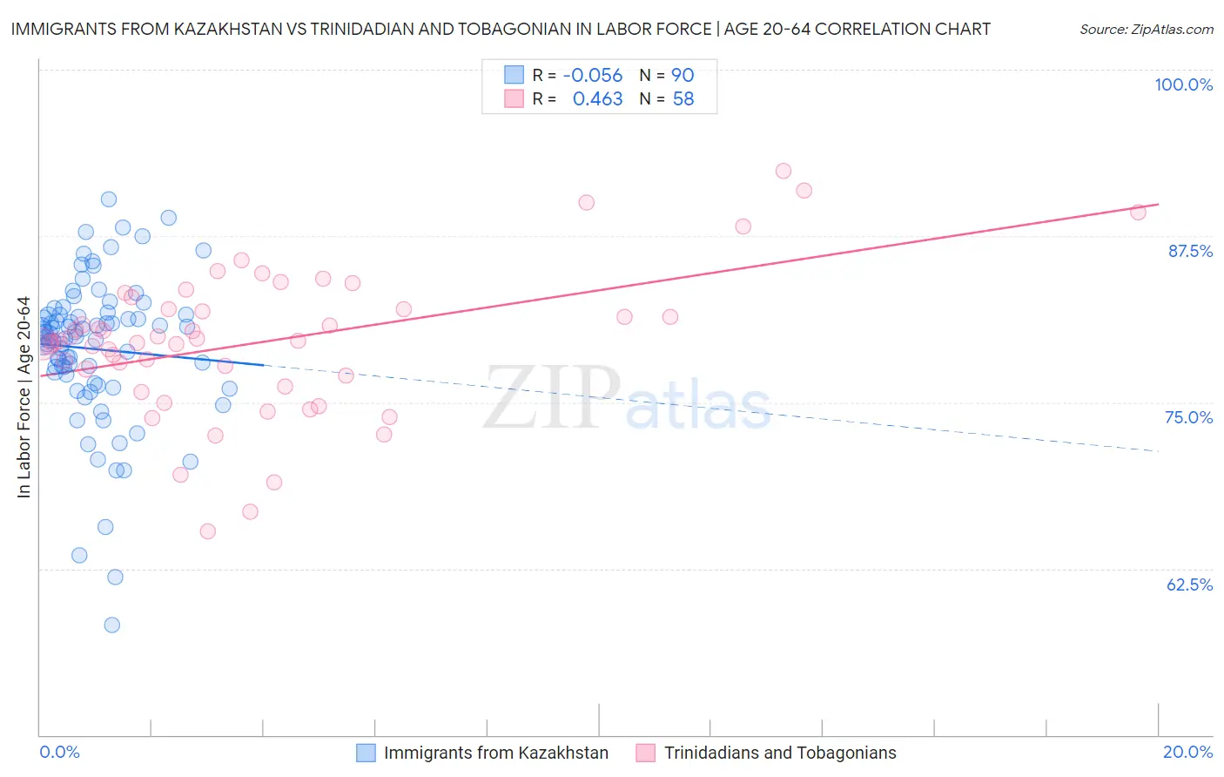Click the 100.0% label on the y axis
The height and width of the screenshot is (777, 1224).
(1183, 84)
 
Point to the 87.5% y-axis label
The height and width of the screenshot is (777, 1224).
(1189, 251)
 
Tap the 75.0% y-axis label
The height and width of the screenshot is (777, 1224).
(1188, 417)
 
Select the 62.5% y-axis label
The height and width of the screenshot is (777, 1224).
(1189, 584)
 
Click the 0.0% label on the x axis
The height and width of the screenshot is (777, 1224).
(59, 752)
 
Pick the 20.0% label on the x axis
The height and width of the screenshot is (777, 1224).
(1187, 752)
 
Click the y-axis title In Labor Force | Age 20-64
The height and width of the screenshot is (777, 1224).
(24, 397)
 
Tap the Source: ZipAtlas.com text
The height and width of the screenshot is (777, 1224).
(1146, 29)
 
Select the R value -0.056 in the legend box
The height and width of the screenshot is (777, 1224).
(592, 75)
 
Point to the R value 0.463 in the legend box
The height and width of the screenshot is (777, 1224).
(597, 99)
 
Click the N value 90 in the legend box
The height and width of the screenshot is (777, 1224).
(683, 75)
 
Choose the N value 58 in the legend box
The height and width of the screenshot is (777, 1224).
(683, 99)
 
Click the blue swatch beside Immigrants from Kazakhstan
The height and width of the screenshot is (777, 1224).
(366, 753)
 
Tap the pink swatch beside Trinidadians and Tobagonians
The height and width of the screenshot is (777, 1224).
(645, 753)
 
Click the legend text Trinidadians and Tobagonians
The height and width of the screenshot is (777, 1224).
(780, 753)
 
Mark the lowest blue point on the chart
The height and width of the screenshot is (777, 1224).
(111, 625)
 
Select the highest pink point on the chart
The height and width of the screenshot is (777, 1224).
(783, 171)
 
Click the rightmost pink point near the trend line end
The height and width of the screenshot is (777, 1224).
(1138, 212)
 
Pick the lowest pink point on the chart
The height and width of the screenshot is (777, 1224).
(207, 531)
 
